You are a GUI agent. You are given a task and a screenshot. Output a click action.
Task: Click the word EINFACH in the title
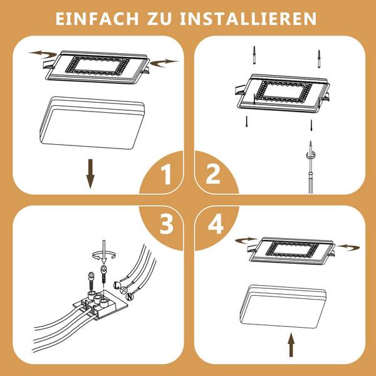[97, 18]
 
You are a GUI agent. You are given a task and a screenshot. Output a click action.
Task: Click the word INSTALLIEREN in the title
[248, 18]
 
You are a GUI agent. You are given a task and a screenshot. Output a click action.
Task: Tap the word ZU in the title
[159, 18]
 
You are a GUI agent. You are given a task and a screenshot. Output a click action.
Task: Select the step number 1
[166, 174]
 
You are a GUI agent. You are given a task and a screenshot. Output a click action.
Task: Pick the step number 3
[167, 224]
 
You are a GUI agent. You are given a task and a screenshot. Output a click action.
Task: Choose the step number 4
[216, 224]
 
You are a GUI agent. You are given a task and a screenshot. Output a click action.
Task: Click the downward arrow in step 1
[90, 174]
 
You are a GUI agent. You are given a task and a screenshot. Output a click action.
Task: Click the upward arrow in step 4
[291, 345]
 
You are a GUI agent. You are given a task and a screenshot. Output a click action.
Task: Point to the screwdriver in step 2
[311, 167]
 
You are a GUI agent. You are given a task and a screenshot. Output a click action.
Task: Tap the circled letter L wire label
[117, 285]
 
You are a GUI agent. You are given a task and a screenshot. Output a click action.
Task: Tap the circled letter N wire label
[130, 297]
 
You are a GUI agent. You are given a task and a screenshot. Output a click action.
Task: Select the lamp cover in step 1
[92, 123]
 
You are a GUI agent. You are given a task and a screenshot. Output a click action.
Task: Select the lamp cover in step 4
[283, 306]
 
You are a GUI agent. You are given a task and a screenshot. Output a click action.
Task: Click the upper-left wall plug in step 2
[254, 55]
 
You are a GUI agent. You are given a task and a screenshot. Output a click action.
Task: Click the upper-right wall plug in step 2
[319, 59]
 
